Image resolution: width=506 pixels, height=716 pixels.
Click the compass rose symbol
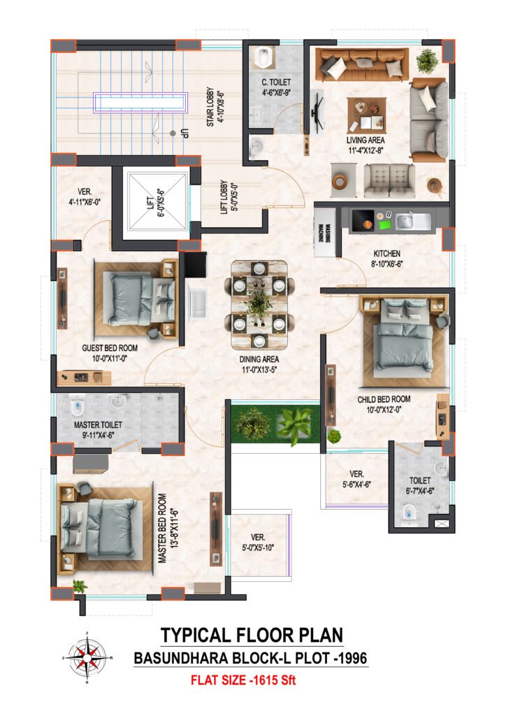pos(87,657)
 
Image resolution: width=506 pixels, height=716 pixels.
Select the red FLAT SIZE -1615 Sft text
pos(243,680)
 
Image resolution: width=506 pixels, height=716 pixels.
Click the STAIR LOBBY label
pos(215,106)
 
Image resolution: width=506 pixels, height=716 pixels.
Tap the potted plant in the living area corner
pos(428,61)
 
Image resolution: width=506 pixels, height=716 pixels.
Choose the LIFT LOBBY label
pos(229,196)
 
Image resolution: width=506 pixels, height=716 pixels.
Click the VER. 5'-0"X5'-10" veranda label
pos(259,542)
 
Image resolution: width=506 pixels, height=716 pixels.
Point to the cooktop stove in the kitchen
pos(362,221)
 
